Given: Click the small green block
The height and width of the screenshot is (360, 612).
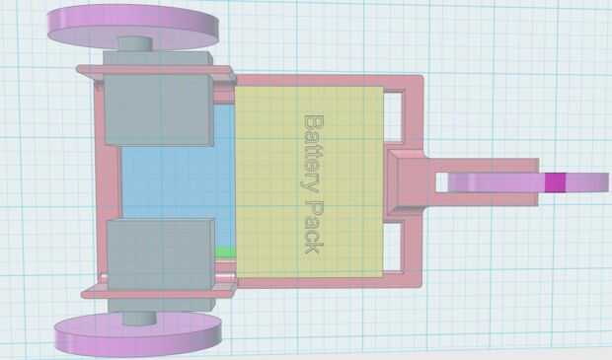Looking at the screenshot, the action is tap(225, 252).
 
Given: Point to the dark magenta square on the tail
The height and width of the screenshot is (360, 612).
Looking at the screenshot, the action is tap(555, 182).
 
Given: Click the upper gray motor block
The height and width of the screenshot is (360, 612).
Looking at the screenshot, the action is tap(159, 109).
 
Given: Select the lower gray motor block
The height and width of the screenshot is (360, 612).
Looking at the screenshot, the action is tap(161, 254).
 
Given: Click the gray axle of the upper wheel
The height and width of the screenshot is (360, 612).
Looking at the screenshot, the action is tap(135, 43).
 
